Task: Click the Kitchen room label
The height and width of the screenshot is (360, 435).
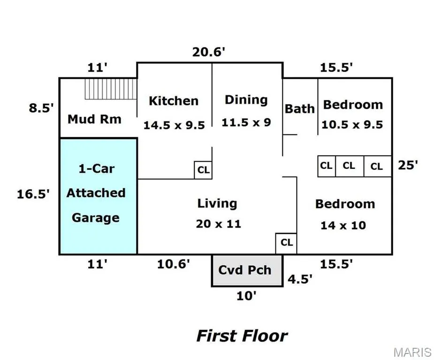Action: (174, 101)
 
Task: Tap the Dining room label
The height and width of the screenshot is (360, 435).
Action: (246, 100)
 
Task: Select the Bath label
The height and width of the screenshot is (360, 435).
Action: (299, 109)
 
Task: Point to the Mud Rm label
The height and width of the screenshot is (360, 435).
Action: (95, 119)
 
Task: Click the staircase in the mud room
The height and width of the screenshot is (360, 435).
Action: (111, 89)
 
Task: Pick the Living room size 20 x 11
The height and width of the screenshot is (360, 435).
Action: (218, 224)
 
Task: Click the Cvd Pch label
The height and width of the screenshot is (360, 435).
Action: (244, 270)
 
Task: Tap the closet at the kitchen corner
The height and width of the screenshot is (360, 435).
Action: (203, 170)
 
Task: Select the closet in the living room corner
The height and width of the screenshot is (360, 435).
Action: (286, 243)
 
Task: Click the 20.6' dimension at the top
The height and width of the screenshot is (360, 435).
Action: (209, 52)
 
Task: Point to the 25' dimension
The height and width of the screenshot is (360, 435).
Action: (408, 165)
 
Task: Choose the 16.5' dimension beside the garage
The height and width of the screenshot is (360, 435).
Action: (33, 194)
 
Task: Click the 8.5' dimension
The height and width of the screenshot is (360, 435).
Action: (41, 107)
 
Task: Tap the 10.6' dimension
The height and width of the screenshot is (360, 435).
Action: (173, 264)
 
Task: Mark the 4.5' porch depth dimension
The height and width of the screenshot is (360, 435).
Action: (300, 279)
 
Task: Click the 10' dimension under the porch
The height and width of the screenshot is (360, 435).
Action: (246, 296)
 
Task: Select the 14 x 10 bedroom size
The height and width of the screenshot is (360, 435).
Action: (343, 225)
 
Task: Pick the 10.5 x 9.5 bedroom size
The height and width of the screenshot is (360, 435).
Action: (352, 125)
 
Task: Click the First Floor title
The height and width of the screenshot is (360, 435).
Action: (242, 336)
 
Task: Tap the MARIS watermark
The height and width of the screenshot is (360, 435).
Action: (412, 352)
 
